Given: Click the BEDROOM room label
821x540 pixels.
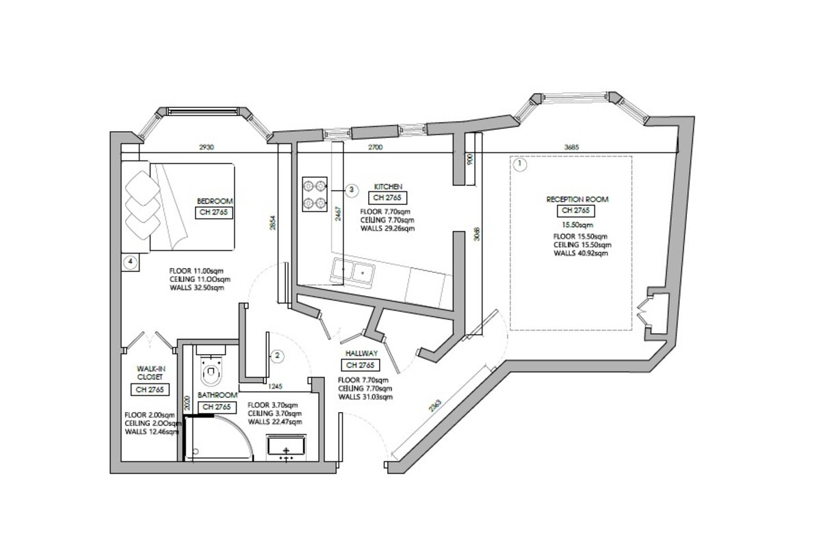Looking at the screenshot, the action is [x=215, y=201].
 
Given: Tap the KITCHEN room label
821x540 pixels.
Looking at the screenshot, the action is [x=388, y=187].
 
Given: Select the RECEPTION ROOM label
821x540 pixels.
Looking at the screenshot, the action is [x=577, y=200].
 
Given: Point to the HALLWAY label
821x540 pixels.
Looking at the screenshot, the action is [x=361, y=353].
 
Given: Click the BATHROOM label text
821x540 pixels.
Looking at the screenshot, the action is [x=218, y=395].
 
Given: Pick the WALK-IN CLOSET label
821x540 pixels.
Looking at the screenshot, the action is [x=150, y=373].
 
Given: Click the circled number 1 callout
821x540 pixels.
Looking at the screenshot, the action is [x=520, y=164].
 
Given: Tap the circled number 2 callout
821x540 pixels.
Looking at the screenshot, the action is [x=278, y=355].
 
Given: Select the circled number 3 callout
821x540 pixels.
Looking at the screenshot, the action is [x=352, y=190].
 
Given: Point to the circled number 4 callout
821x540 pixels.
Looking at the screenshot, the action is [x=131, y=262].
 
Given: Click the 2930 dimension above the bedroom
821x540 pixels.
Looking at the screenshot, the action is [x=207, y=147].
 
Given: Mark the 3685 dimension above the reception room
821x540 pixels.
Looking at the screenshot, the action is [x=572, y=147].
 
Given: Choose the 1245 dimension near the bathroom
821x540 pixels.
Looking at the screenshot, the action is [x=275, y=386].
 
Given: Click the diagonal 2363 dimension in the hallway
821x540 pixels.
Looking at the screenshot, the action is [x=436, y=405].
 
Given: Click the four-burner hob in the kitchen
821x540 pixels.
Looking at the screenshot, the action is [x=315, y=194].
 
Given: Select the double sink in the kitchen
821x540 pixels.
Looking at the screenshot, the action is [x=352, y=271].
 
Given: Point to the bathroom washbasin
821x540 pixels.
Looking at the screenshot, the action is [x=286, y=448].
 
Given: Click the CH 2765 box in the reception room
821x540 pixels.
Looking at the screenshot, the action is [x=576, y=211].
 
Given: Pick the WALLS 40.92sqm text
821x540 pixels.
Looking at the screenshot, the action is [x=581, y=253].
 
